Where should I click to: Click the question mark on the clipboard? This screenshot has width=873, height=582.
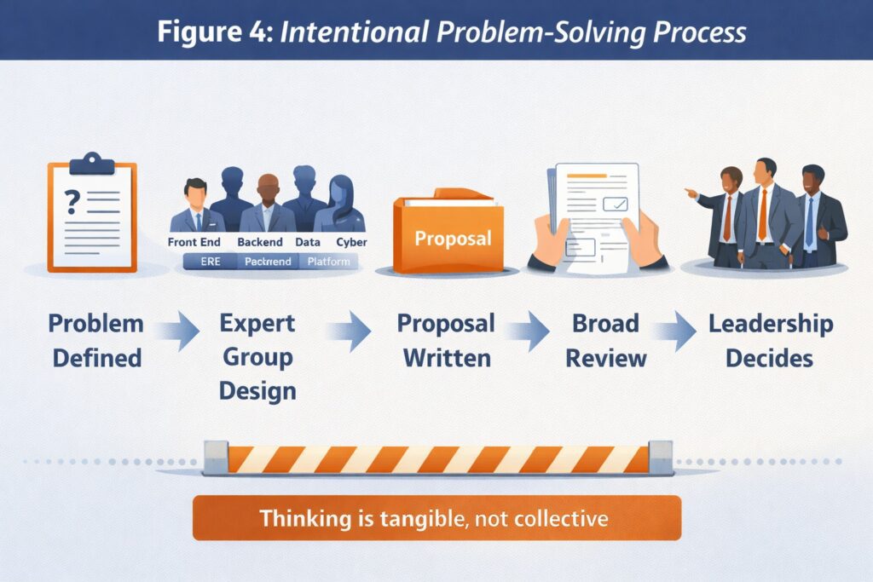[x=72, y=201]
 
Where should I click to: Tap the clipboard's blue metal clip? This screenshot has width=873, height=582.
[x=91, y=162]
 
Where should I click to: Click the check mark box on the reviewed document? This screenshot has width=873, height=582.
[x=615, y=205]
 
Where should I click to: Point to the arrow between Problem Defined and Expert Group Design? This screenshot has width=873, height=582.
[x=180, y=332]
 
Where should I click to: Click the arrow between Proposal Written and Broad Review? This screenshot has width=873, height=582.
[x=529, y=332]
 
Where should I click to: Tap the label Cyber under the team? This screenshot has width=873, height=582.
[x=351, y=243]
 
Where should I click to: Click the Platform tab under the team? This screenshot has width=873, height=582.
[x=329, y=262]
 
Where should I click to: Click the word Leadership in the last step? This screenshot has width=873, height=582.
[x=771, y=324]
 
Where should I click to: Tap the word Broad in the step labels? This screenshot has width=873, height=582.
[x=606, y=324]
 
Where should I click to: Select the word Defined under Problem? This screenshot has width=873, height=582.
[x=96, y=357]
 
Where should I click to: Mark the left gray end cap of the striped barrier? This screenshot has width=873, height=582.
[x=216, y=458]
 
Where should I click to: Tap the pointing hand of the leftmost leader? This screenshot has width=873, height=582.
[x=690, y=192]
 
